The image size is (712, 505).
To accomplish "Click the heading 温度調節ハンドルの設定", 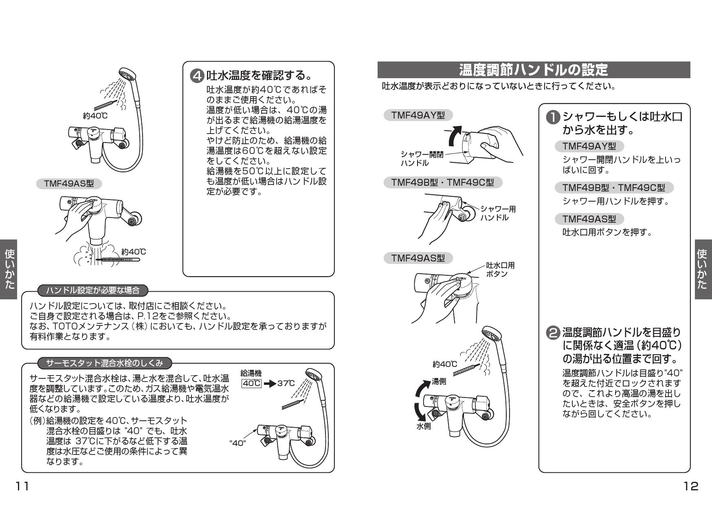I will click(x=533, y=70).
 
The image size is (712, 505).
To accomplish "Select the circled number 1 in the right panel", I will click(x=553, y=118).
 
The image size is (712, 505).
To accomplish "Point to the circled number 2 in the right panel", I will click(x=553, y=333).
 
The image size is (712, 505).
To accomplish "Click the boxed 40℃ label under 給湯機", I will click(x=251, y=383).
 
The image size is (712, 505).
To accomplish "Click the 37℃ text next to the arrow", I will click(x=286, y=383).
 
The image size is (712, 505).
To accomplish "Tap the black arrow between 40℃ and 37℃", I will click(x=269, y=384).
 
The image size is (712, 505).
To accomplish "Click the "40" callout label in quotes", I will click(x=238, y=443).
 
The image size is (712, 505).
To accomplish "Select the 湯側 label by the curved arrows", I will click(x=439, y=382).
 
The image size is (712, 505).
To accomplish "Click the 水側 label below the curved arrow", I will click(x=423, y=426).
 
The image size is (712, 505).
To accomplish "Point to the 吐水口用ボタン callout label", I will click(x=500, y=270).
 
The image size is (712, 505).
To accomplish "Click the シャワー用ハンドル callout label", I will click(x=498, y=213).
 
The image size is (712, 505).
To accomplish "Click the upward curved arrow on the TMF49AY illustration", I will click(x=455, y=136).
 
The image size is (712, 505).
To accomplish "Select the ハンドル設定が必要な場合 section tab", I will click(x=92, y=290).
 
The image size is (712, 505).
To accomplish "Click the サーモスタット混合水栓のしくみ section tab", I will click(x=105, y=362).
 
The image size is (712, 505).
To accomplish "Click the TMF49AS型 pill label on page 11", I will click(x=69, y=184).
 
